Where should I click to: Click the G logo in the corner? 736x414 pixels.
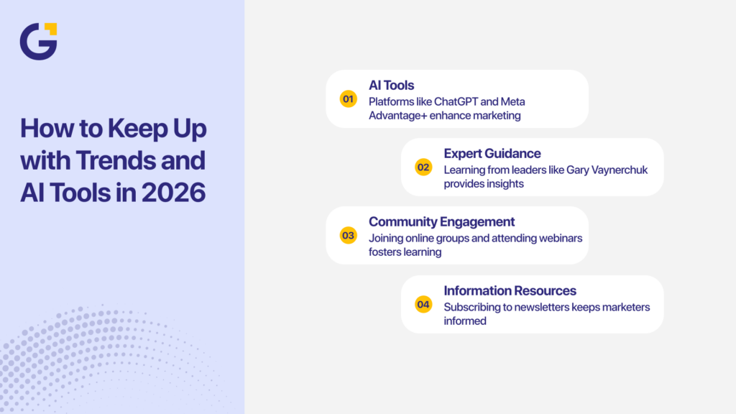coord(38,41)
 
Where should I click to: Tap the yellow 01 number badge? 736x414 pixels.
coord(349,98)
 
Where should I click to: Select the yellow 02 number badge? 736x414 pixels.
coord(423,167)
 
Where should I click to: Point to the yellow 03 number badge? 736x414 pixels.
coord(349,235)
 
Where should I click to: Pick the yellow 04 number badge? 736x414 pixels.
coord(423,305)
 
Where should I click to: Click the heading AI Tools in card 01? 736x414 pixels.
coord(391,86)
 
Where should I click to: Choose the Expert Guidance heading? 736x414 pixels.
coord(492,153)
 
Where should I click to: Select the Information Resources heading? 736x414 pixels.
coord(510,290)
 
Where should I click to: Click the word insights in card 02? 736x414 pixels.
coord(505,183)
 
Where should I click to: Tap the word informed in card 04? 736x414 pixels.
coord(465,321)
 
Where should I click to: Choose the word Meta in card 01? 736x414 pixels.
coord(513,101)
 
